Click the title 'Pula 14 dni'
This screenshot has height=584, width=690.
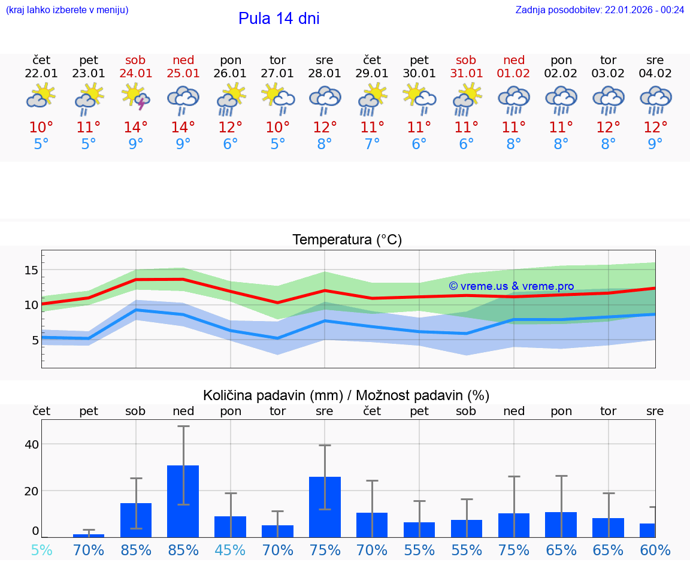tap(279, 19)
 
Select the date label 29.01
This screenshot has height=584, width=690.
tap(372, 74)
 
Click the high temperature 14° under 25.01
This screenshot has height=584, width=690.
tap(183, 127)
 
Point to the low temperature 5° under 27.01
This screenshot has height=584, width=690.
tap(277, 144)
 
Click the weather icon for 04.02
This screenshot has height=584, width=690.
tap(655, 99)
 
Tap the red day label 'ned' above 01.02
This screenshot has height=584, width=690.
tap(514, 60)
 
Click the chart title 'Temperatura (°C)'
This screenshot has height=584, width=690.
tap(347, 240)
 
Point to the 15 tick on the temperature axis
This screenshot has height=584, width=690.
tap(31, 270)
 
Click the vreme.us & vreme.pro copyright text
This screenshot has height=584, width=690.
tap(512, 286)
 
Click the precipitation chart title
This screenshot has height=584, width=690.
tap(346, 395)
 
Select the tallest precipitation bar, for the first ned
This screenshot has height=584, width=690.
tap(183, 501)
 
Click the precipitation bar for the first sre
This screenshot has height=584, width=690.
tap(325, 507)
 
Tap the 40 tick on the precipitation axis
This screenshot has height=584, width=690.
tap(31, 444)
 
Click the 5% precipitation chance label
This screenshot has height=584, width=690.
tap(41, 550)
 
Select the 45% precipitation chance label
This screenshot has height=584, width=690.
tap(230, 550)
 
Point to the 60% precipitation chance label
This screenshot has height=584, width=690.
tap(655, 550)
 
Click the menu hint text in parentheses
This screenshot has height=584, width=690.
tap(66, 10)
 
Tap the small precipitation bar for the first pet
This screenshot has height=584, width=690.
tap(89, 535)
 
